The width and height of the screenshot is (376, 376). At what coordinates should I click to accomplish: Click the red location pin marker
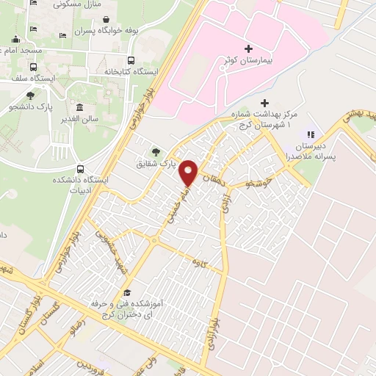189,172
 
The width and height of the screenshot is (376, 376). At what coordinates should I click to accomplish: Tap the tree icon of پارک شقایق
156,151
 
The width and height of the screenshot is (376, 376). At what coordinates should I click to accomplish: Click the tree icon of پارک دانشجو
30,95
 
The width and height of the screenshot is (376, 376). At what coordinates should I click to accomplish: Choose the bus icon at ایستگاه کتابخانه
131,61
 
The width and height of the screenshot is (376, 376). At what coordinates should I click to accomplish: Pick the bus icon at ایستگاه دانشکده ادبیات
81,168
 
